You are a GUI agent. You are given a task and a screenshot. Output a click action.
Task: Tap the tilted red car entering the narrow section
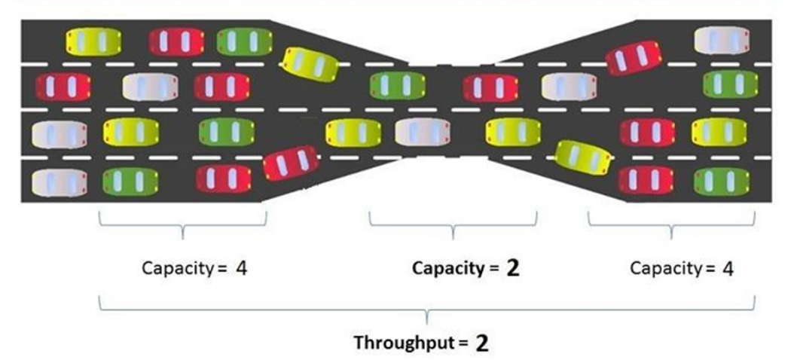point(291,162)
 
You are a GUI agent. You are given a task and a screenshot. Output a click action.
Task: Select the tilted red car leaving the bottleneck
point(634,57)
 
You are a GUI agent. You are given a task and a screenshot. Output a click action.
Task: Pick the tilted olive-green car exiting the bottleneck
point(582,155)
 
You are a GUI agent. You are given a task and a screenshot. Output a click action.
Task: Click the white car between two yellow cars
point(423,133)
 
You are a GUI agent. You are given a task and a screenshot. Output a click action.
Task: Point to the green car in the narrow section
point(397,87)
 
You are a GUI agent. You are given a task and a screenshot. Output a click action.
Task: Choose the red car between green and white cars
point(490,87)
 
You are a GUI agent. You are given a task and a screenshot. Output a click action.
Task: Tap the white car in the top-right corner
point(721,40)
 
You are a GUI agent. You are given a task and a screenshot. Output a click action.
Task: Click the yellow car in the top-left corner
point(94,42)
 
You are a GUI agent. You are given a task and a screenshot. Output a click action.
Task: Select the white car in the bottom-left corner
point(59,181)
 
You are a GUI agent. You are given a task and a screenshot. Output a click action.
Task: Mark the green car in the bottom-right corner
point(721,181)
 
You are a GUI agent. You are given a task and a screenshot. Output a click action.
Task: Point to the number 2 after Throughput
point(481,343)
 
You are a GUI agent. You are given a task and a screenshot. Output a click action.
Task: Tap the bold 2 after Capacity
point(513,267)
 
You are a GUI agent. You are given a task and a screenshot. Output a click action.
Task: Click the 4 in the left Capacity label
point(241,267)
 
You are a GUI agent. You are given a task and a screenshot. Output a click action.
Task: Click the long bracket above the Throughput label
point(428,307)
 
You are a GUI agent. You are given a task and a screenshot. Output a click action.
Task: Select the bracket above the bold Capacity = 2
point(453,224)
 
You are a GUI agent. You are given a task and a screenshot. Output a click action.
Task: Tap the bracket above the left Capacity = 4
point(183,224)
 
